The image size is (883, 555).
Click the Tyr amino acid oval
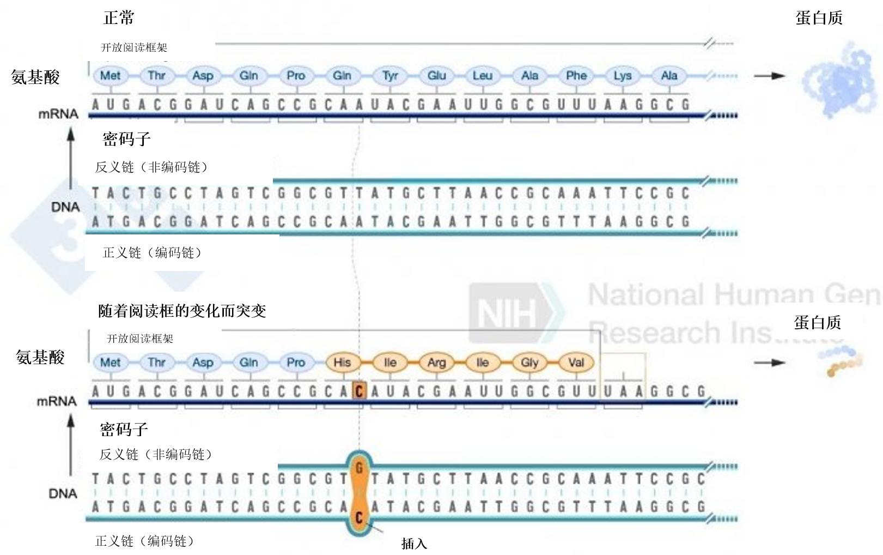coord(390,76)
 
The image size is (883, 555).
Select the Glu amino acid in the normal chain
coord(436,76)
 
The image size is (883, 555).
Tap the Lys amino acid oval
coord(623,76)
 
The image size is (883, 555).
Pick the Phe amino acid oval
coord(576,76)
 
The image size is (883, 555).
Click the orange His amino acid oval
coord(342,363)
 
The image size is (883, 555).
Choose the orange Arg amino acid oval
coord(436,363)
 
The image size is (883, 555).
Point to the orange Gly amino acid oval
coord(529,363)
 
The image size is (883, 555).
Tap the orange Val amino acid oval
coord(576,363)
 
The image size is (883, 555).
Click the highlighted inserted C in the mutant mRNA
coord(359,391)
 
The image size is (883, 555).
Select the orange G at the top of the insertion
coord(359,467)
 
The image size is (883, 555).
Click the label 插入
coord(414,544)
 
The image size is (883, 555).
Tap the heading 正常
coord(119,18)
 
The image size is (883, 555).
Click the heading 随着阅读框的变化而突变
coord(182,311)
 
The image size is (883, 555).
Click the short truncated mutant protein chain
coord(842,361)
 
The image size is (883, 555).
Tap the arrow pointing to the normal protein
coord(769,76)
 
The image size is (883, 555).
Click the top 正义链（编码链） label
coord(153,253)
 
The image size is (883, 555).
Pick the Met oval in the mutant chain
coord(111,363)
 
